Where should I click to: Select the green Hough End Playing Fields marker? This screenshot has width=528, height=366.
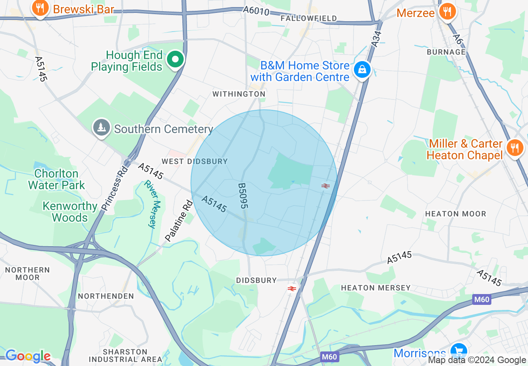pos(175,60)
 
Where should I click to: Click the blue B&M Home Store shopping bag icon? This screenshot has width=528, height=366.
pos(362,70)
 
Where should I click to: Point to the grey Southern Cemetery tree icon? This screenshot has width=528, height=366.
pos(101,128)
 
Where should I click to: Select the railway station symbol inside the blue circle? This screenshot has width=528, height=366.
pos(326,186)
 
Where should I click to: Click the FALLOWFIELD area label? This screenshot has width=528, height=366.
pos(309,18)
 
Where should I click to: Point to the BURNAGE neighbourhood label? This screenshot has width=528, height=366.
pos(446,52)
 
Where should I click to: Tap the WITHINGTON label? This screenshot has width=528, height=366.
pos(239,94)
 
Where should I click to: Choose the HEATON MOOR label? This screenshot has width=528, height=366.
pos(456,214)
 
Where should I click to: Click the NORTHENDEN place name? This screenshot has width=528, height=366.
pos(106,296)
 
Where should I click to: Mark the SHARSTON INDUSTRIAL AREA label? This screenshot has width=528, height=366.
pos(125,356)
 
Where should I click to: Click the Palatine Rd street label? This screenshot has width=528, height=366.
pos(179,221)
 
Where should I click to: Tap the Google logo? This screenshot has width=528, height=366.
pos(28,356)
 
